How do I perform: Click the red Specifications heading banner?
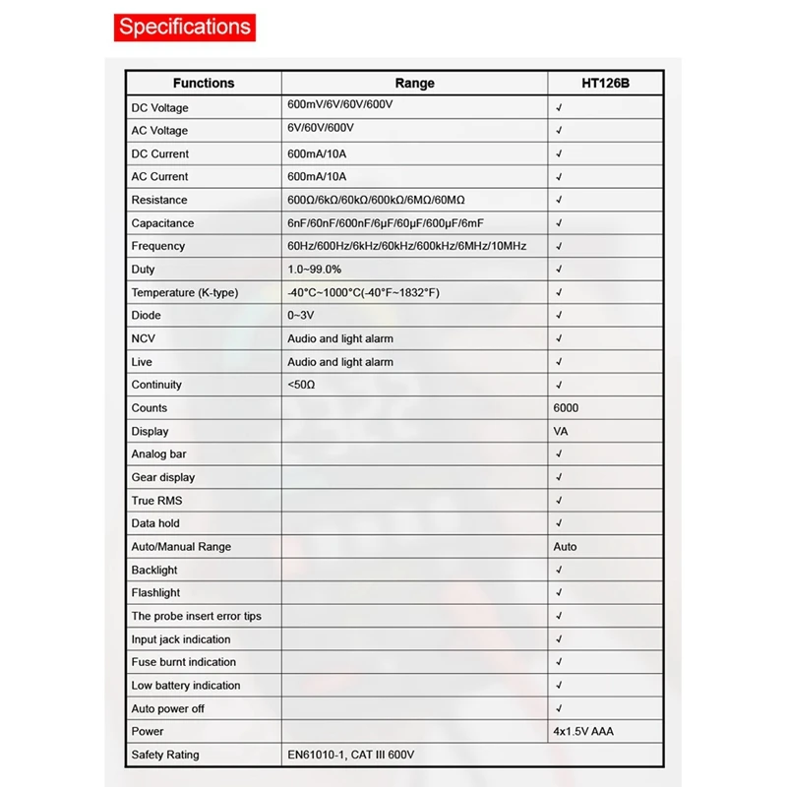[184, 26]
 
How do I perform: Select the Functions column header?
[204, 84]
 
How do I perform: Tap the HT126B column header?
[605, 84]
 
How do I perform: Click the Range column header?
[414, 84]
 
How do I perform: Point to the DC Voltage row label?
[159, 107]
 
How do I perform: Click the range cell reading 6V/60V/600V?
[321, 129]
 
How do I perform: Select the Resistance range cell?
[376, 200]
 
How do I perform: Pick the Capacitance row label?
[162, 223]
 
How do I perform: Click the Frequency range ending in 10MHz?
[406, 246]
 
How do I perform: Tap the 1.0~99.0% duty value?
[315, 269]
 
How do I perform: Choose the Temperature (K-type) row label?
[185, 292]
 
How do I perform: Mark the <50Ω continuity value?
[302, 385]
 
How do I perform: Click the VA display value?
[561, 431]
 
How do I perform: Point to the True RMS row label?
[156, 501]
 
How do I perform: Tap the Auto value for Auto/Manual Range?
[566, 546]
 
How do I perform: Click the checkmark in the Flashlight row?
[559, 593]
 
